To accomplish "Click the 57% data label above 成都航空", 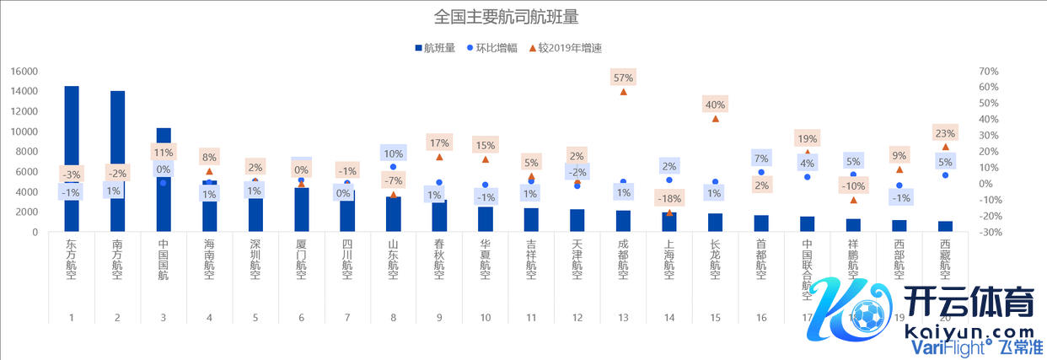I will (x=623, y=78).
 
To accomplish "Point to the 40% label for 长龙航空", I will (x=715, y=105).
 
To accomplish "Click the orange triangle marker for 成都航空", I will (x=623, y=91).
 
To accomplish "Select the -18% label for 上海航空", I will (x=669, y=198).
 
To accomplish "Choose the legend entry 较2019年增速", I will (x=568, y=48).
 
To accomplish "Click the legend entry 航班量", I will (x=435, y=48).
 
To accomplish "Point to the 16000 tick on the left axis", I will (x=24, y=72).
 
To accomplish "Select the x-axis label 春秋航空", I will (x=439, y=257).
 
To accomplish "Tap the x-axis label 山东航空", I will (x=393, y=257).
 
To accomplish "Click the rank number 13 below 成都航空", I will (x=623, y=318).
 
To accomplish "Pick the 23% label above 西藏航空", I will (x=945, y=133).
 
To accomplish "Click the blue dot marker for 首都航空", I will (x=761, y=172).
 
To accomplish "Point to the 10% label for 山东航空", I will (x=393, y=153).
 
